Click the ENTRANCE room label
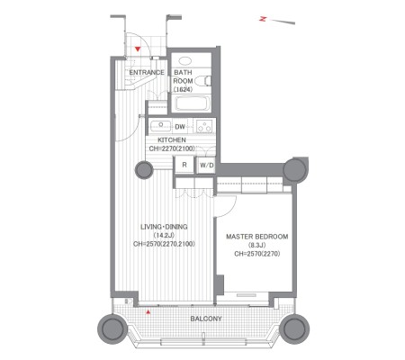click(x=147, y=72)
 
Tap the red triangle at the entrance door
click(x=138, y=49)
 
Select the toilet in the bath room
click(x=202, y=81)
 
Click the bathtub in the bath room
click(x=191, y=103)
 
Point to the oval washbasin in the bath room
click(x=185, y=61)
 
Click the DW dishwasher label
click(x=180, y=127)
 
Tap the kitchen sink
click(x=160, y=126)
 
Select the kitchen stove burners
click(x=204, y=126)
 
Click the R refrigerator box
click(x=184, y=165)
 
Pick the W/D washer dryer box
click(x=207, y=165)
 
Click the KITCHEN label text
click(x=172, y=140)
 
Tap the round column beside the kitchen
click(x=144, y=170)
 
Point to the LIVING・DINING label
click(x=164, y=227)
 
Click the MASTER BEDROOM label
click(x=257, y=237)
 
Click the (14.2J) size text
click(x=164, y=236)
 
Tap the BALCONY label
click(x=206, y=319)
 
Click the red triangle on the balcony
click(x=148, y=312)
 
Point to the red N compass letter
click(x=263, y=19)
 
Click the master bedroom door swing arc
click(x=230, y=210)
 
